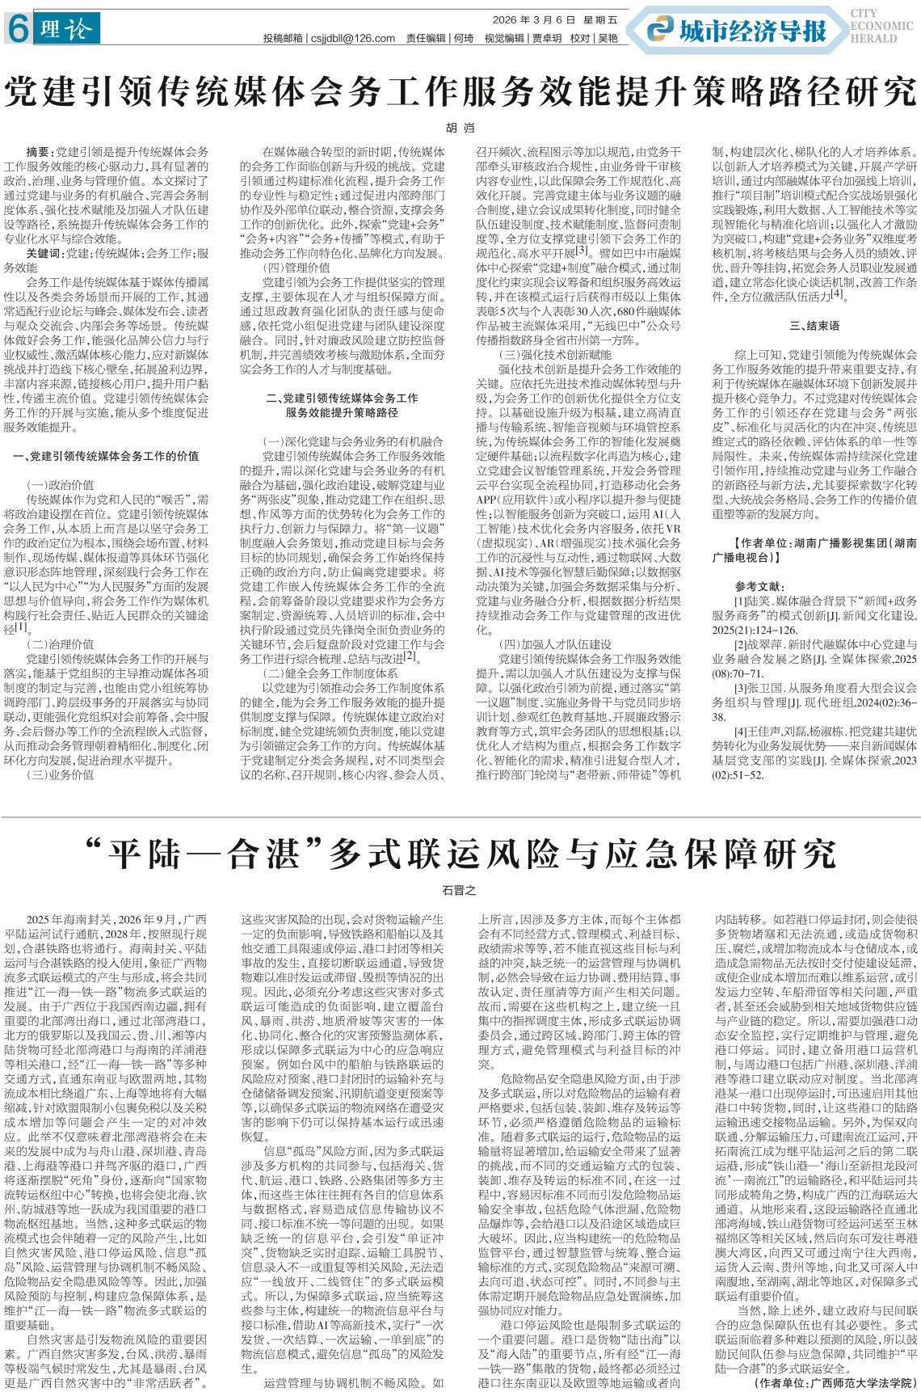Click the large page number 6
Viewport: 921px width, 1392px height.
click(x=15, y=31)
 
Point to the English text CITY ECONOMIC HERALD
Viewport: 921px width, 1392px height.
click(x=880, y=26)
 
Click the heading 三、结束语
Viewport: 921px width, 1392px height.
click(x=814, y=327)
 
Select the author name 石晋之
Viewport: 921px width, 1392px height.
click(x=460, y=889)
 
